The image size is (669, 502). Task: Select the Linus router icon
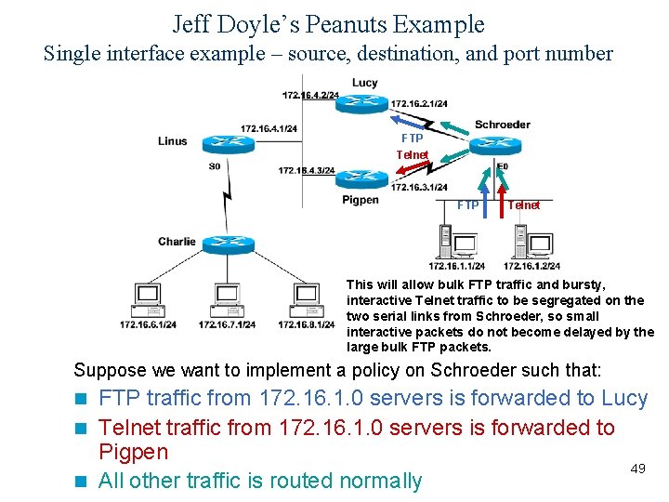coord(224,140)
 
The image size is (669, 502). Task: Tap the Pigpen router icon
coord(361,178)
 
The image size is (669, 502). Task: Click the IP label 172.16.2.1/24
coord(419,104)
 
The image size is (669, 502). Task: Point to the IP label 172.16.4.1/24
coord(269,128)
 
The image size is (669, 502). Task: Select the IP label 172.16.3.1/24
coord(419,187)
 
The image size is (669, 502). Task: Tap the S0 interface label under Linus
coord(215,166)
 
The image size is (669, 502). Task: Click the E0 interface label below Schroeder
coord(502,167)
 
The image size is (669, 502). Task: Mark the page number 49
coord(637,469)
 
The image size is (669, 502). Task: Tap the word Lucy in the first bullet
coord(624,398)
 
